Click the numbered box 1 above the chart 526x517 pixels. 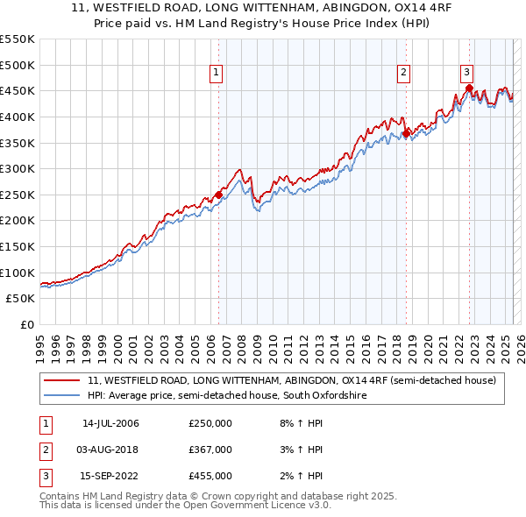[216, 74]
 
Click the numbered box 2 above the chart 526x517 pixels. [403, 74]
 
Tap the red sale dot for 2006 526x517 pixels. [218, 195]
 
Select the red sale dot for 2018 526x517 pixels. [406, 133]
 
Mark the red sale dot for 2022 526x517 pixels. [470, 88]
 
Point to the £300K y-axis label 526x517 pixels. [18, 168]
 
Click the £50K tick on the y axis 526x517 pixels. [21, 299]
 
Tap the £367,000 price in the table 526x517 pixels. [210, 450]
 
